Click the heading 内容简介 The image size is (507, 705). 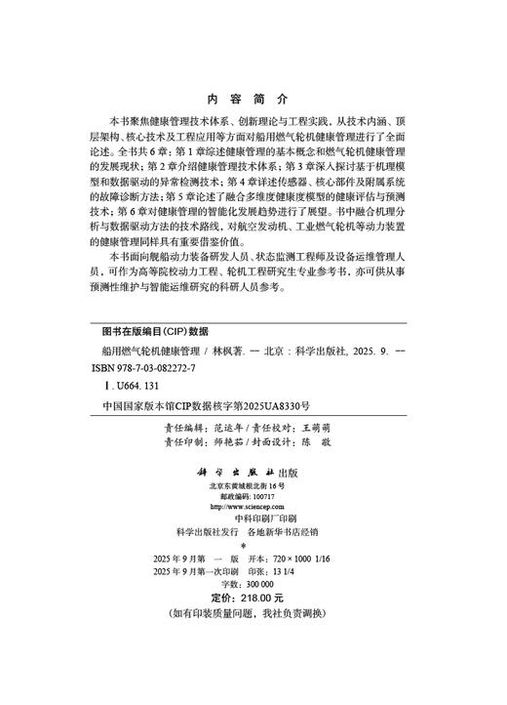tap(253, 100)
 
